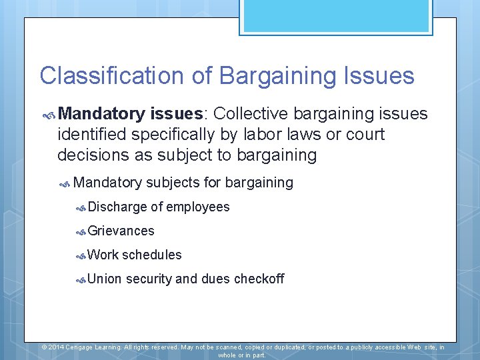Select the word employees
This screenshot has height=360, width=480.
(x=197, y=207)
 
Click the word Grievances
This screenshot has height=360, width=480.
(x=121, y=231)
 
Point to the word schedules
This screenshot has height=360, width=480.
(x=151, y=255)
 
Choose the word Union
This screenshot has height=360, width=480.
(x=105, y=279)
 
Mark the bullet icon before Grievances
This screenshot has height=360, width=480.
(x=81, y=232)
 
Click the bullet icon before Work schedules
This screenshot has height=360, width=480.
(x=81, y=256)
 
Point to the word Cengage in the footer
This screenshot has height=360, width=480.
(x=89, y=347)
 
